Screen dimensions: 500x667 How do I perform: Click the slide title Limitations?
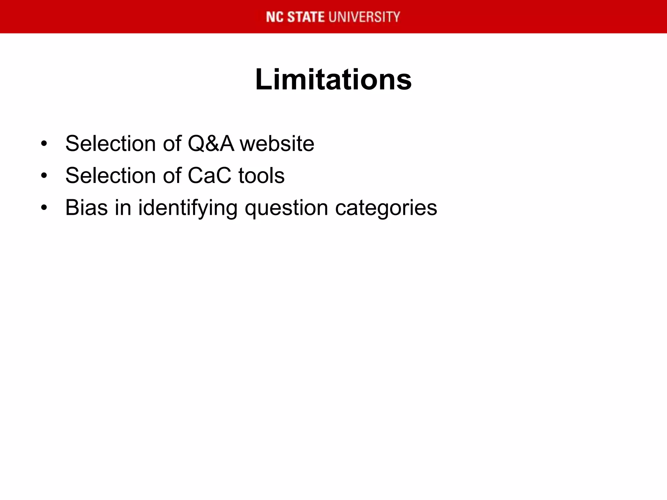(x=333, y=80)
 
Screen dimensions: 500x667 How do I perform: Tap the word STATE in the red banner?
(x=306, y=17)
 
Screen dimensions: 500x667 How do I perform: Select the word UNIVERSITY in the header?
(x=364, y=17)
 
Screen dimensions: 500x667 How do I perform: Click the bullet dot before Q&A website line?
(x=44, y=144)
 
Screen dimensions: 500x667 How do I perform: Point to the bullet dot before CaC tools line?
(x=44, y=176)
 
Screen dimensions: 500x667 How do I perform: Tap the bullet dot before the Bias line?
(x=44, y=208)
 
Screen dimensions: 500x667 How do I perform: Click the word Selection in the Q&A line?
(x=110, y=144)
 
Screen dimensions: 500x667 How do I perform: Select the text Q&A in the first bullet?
(x=211, y=144)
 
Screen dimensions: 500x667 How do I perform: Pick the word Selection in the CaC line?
(x=110, y=176)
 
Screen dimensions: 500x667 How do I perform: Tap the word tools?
(x=261, y=176)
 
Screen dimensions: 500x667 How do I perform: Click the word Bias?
(x=86, y=208)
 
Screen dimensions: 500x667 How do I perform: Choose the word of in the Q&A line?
(x=172, y=144)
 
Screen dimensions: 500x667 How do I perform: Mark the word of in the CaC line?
(x=172, y=176)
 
